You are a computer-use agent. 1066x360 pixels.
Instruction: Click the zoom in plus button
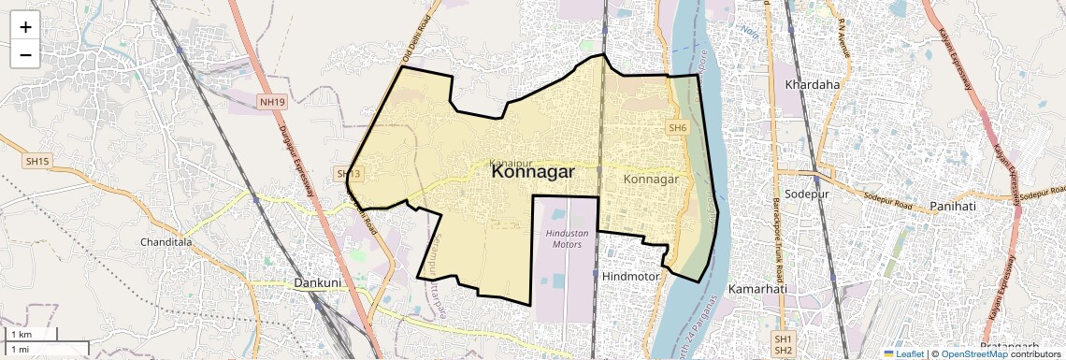pos(25,26)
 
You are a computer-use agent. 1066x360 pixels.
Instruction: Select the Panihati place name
pos(953,206)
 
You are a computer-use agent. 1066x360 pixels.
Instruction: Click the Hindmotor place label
pos(632,277)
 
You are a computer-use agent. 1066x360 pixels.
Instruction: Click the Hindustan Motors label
pos(565,238)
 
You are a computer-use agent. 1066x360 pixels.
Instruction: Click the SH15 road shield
pos(37,162)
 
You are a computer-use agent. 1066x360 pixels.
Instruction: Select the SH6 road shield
pos(678,127)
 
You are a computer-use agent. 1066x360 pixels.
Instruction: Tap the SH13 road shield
pos(348,174)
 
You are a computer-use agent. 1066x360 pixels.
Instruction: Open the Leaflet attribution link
pos(903,353)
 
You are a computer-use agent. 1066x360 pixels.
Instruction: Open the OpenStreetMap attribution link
pos(974,353)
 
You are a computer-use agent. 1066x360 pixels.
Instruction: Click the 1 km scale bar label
pos(21,335)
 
